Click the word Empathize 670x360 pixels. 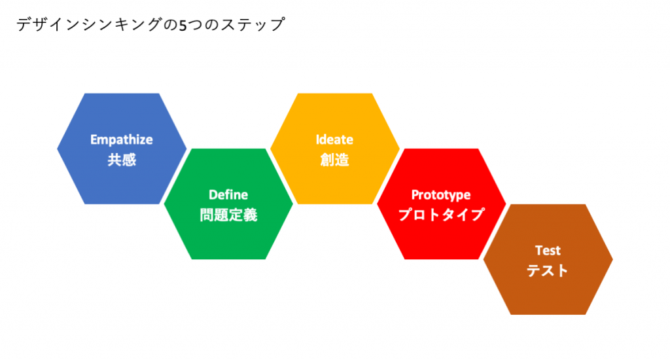(x=121, y=140)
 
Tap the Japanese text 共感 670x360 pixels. (x=122, y=160)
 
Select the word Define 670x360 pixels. (x=228, y=195)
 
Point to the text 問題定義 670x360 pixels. (x=228, y=215)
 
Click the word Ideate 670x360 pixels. (x=334, y=140)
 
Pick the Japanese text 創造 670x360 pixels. (x=334, y=160)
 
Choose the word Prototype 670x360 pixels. (x=441, y=195)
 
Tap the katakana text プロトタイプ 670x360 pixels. (x=442, y=215)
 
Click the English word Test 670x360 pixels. (x=548, y=251)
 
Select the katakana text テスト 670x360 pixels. (x=548, y=270)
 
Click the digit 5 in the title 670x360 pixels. (x=183, y=26)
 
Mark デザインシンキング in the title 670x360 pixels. (x=90, y=24)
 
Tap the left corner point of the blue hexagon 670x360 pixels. (x=57, y=149)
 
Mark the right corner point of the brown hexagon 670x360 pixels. (x=613, y=259)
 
